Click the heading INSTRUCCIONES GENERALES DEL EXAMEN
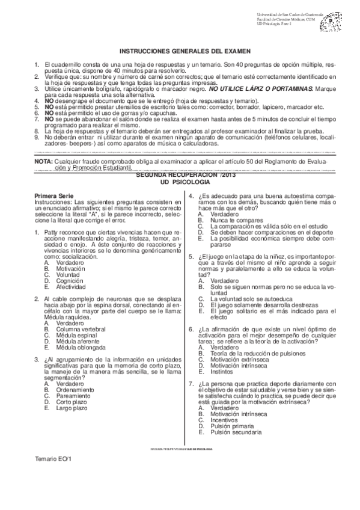[185, 52]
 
